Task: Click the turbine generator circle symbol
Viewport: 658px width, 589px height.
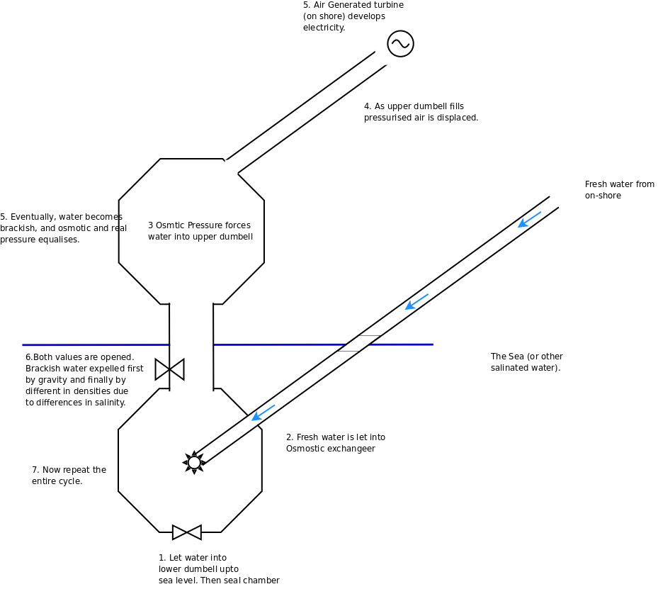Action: pos(400,44)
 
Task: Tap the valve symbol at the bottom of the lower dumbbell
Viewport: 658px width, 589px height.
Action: pos(187,532)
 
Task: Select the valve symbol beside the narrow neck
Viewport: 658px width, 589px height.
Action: pos(169,369)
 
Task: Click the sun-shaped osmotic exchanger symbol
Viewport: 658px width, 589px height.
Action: pos(194,462)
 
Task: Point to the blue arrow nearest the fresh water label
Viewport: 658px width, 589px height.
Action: pos(530,219)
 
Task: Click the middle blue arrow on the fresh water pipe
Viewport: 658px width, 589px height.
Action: pos(416,301)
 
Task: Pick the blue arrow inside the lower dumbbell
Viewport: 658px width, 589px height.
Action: pos(263,413)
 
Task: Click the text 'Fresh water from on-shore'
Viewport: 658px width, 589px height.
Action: pos(619,190)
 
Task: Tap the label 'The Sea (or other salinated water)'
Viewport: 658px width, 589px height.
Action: pos(526,362)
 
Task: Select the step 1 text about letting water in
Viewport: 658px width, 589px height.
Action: pos(218,569)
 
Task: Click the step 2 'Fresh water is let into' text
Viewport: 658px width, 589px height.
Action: pos(335,443)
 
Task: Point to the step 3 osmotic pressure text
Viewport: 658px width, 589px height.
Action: pos(200,231)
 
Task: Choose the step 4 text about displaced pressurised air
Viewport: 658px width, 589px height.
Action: pos(421,112)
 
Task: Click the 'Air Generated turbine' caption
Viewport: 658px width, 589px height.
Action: pos(353,16)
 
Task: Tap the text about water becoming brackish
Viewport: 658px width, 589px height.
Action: pos(63,228)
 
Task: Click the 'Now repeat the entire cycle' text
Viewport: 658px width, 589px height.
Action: pos(69,476)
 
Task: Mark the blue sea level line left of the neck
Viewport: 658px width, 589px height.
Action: pos(96,345)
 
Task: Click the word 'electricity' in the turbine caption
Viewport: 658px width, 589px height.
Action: pos(324,28)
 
